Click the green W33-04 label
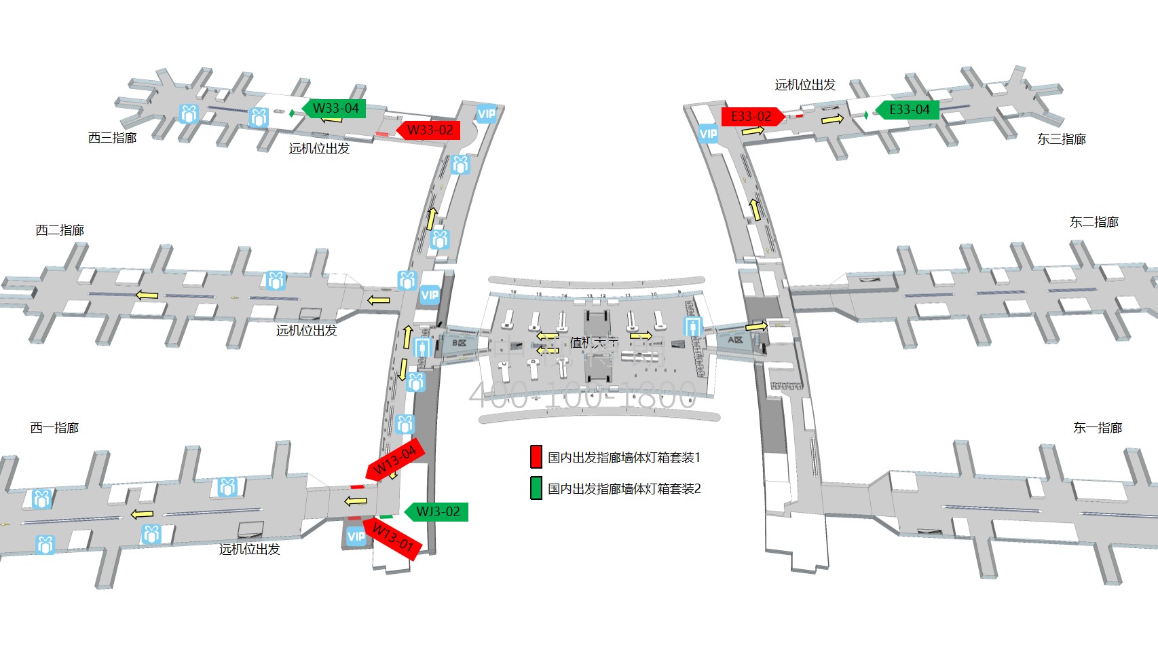pos(335,109)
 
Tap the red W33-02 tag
pos(430,130)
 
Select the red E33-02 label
pos(751,117)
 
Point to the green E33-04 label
pos(908,110)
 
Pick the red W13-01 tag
pos(393,538)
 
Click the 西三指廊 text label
pos(113,138)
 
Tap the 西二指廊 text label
pos(60,230)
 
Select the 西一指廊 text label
pos(54,428)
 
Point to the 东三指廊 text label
pos(1062,139)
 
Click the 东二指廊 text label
pos(1094,222)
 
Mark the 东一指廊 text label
pos(1098,428)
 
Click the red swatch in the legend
pos(536,457)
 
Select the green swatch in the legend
pos(536,488)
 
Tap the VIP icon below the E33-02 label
pos(708,134)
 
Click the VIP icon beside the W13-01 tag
pos(356,537)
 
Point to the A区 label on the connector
pos(735,340)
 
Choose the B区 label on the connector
pos(460,343)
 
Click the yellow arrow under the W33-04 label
pos(331,120)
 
